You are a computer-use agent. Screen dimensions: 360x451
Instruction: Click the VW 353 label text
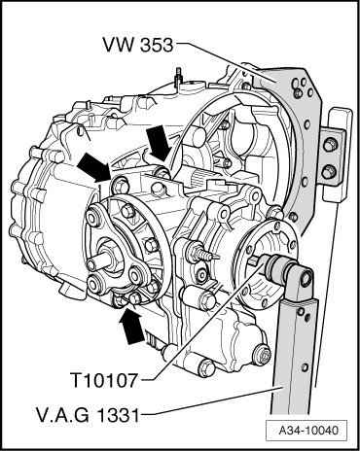(x=138, y=45)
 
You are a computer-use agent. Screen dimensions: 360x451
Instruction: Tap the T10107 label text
(x=104, y=380)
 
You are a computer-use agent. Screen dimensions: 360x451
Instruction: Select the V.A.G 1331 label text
(x=89, y=415)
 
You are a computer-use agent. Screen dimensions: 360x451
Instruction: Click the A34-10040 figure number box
(x=306, y=431)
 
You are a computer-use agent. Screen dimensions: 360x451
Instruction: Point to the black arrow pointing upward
(x=131, y=326)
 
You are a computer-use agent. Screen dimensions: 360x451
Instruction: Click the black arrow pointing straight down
(x=159, y=144)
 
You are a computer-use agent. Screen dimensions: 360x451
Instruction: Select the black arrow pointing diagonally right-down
(x=93, y=167)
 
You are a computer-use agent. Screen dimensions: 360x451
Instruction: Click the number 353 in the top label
(x=157, y=45)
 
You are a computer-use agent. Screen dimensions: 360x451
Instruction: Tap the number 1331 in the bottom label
(x=118, y=415)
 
